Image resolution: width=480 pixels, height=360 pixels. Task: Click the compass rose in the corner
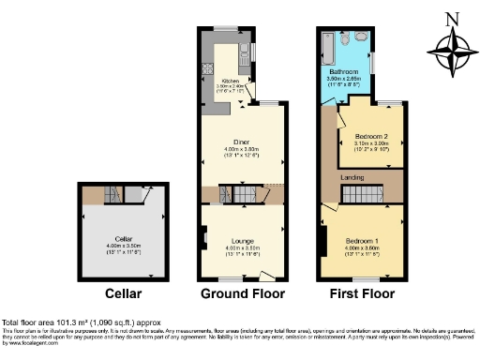coord(448,47)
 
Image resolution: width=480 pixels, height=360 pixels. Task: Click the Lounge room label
coord(244,240)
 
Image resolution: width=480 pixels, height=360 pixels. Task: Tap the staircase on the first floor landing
coord(357,193)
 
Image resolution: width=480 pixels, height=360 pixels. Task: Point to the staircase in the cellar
coord(112,194)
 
